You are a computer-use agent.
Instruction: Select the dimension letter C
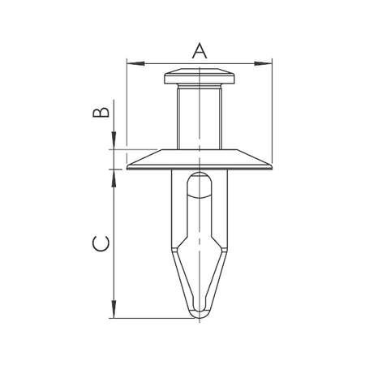pyautogui.click(x=100, y=243)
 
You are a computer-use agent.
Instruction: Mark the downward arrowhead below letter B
pyautogui.click(x=114, y=144)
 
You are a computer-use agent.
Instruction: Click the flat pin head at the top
pyautogui.click(x=199, y=77)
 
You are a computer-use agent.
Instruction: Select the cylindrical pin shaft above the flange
pyautogui.click(x=199, y=118)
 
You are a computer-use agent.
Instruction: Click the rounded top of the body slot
pyautogui.click(x=199, y=180)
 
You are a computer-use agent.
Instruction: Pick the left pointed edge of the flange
pyautogui.click(x=131, y=166)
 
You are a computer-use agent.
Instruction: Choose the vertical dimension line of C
pyautogui.click(x=114, y=243)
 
